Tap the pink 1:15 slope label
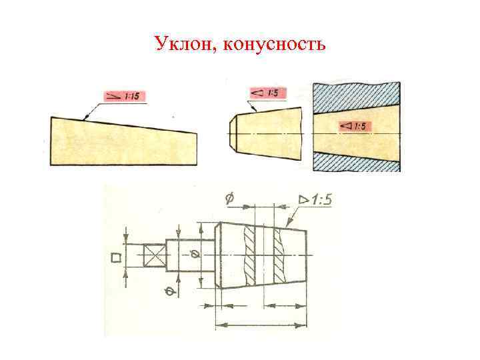[125, 97]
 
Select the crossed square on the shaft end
[155, 256]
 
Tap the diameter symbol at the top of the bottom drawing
[230, 198]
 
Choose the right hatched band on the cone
[279, 256]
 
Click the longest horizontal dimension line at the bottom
[260, 325]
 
